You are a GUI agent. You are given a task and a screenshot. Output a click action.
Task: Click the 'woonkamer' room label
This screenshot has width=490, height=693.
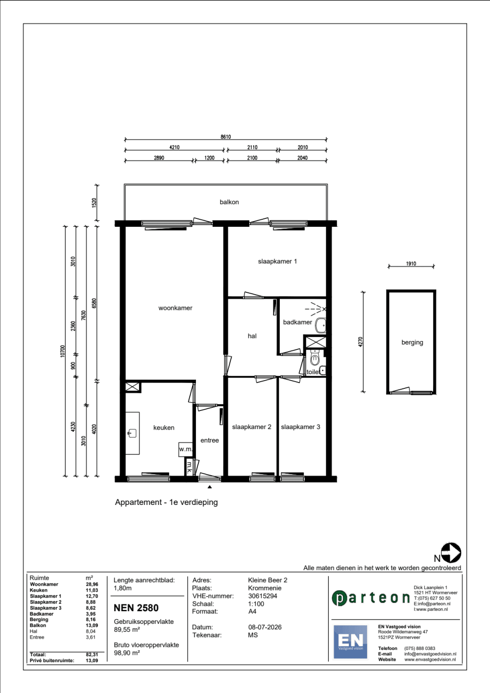point(175,308)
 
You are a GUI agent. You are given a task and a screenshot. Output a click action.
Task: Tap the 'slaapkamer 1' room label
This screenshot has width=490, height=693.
point(277,262)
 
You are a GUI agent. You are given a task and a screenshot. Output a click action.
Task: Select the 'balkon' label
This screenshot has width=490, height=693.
point(229,202)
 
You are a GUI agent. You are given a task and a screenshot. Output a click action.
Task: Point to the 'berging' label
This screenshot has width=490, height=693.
point(412,342)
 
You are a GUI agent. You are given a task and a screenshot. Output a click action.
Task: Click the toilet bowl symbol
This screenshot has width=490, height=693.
point(315,358)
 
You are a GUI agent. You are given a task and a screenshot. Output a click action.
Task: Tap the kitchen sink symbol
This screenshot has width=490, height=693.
point(132,433)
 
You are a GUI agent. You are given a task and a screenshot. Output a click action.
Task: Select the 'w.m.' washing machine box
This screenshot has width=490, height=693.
point(186,450)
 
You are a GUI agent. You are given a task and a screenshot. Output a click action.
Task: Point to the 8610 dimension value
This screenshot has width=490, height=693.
point(226,137)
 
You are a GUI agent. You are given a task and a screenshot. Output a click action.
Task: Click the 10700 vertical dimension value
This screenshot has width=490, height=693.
point(63,351)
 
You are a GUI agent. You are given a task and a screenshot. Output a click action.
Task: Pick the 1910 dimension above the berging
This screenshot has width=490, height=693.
point(411,263)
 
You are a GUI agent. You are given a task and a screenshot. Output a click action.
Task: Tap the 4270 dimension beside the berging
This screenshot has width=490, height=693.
point(360,342)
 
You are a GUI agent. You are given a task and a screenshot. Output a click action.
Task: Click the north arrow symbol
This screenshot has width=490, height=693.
point(451,552)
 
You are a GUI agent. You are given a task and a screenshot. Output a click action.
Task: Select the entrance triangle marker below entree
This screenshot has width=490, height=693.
point(210,487)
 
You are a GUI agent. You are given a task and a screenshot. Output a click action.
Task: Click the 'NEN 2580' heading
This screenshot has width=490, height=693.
point(136,608)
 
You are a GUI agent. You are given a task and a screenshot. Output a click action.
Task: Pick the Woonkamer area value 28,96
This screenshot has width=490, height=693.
point(92,584)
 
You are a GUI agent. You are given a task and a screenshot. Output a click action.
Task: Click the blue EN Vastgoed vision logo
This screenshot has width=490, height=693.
point(350,642)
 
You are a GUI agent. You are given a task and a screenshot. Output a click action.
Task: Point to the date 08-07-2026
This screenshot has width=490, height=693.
point(265,627)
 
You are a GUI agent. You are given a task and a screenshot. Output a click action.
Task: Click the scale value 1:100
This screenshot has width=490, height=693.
point(256,603)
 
